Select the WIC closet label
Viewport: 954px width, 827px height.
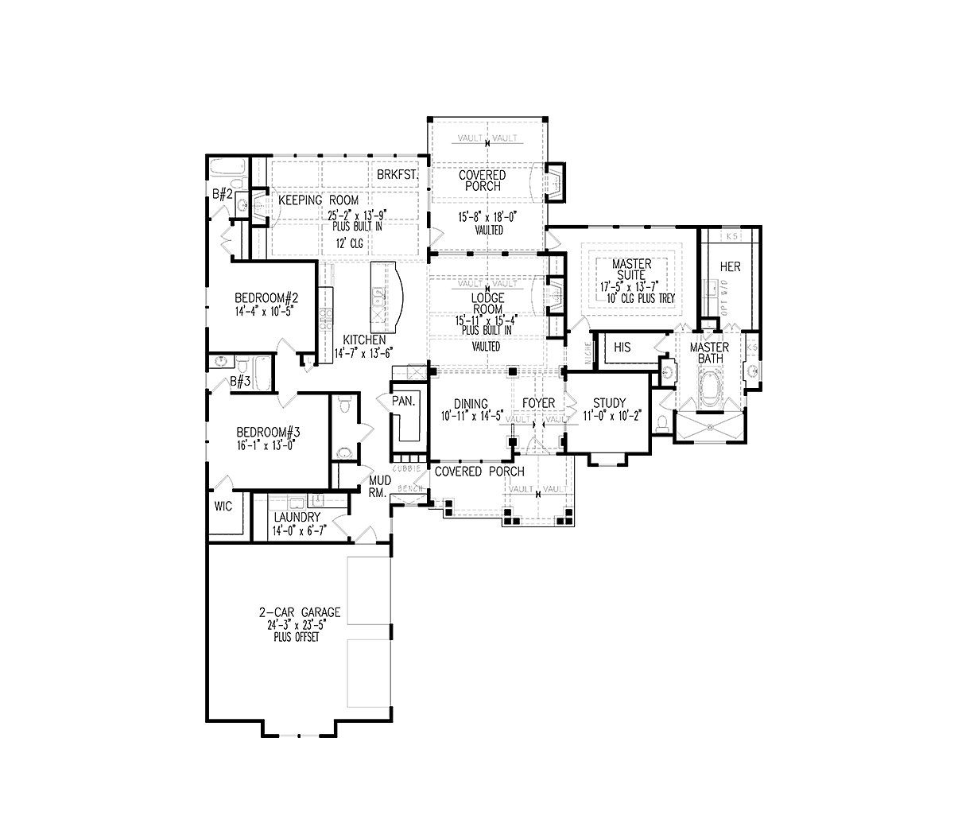pos(223,507)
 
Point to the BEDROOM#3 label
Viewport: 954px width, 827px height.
pos(268,433)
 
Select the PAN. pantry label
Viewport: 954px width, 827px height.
pos(404,402)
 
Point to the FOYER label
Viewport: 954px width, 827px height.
pos(538,403)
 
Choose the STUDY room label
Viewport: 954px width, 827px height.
pos(610,402)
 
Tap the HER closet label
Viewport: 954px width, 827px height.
pos(730,266)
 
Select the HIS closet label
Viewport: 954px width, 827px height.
pos(622,347)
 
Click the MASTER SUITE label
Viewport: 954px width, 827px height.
pos(632,269)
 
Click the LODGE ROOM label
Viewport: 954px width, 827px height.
pos(487,304)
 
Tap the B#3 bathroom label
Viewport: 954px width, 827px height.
pos(240,382)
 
